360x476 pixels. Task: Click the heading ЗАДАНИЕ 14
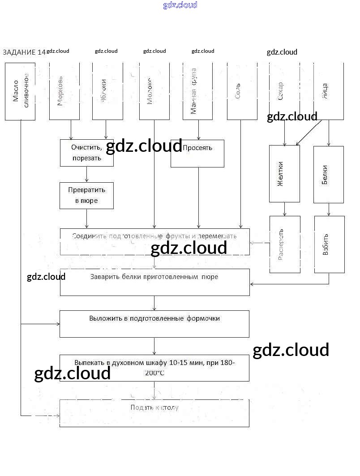tap(24, 52)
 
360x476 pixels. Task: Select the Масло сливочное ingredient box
tap(20, 91)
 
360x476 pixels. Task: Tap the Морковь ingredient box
tap(64, 91)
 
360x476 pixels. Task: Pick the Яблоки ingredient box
tap(107, 91)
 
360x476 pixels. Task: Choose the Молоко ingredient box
tap(154, 91)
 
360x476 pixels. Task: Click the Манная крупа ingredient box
tap(197, 91)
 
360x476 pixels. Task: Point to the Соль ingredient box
tap(242, 91)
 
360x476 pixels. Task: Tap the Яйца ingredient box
tap(329, 91)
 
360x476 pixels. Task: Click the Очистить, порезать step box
tap(86, 153)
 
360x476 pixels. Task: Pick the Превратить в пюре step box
tap(86, 196)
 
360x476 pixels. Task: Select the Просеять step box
tap(197, 154)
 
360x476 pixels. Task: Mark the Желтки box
tap(284, 174)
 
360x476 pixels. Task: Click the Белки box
tap(329, 174)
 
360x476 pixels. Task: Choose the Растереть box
tap(285, 244)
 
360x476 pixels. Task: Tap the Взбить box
tap(329, 244)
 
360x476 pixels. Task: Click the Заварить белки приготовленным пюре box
tap(154, 282)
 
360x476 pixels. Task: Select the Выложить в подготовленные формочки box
tap(154, 324)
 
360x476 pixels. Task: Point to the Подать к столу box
tap(154, 413)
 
